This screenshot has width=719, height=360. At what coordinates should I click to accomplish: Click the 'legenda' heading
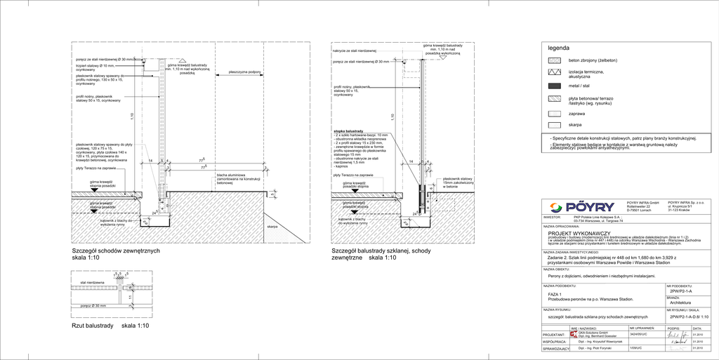(559, 48)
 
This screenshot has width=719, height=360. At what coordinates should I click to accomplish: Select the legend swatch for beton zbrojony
(555, 60)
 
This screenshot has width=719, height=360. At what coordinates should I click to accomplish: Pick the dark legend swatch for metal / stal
(555, 86)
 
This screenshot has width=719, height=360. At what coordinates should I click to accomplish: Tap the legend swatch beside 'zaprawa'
(555, 113)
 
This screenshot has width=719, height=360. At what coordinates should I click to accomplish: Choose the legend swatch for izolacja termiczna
(555, 73)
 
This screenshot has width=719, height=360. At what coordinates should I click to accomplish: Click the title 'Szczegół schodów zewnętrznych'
(117, 251)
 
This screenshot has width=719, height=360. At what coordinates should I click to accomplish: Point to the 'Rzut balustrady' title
(93, 326)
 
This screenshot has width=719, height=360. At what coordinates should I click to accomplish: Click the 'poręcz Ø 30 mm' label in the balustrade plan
(93, 306)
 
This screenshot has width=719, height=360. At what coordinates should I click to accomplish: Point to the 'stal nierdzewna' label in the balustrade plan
(92, 282)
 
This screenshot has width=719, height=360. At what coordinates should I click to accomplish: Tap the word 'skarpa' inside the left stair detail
(272, 227)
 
